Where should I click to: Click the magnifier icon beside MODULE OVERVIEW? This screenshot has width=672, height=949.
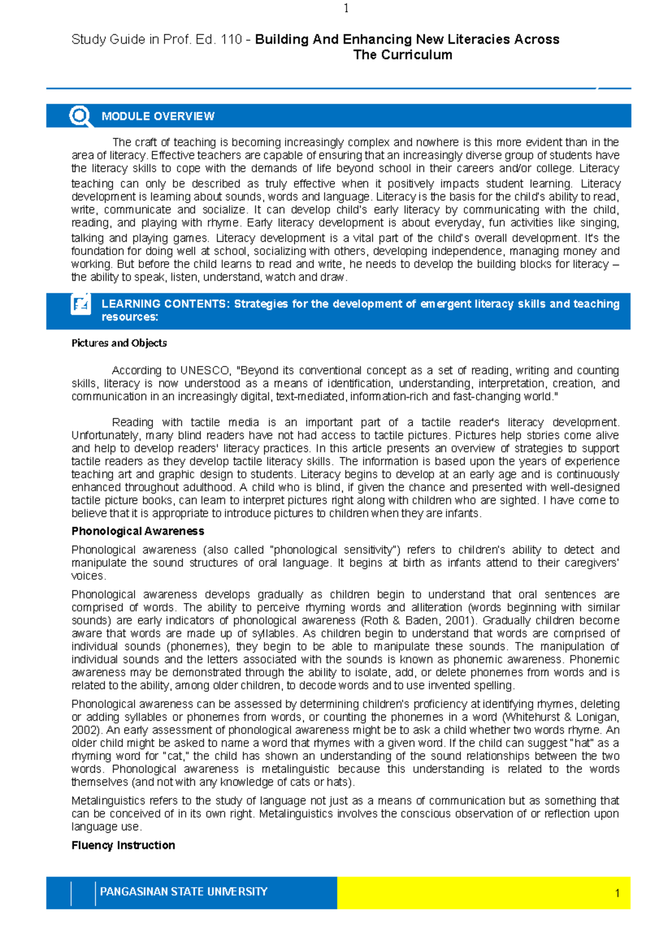point(80,116)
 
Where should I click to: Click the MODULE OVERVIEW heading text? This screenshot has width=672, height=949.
point(158,116)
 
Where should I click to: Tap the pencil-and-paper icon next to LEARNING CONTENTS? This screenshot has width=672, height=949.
point(81,305)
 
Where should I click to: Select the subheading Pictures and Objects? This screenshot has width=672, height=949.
point(119,343)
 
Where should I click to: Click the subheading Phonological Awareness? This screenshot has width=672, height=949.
point(138,531)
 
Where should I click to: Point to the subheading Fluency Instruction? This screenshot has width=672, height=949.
point(123,845)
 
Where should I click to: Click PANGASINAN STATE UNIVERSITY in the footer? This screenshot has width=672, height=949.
point(184,891)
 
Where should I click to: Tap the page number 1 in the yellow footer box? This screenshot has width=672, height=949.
point(617,893)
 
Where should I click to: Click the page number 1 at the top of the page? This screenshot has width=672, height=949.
point(346,8)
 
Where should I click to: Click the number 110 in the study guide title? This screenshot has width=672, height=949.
point(231,40)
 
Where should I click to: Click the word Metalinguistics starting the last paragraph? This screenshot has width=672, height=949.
point(109,801)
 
